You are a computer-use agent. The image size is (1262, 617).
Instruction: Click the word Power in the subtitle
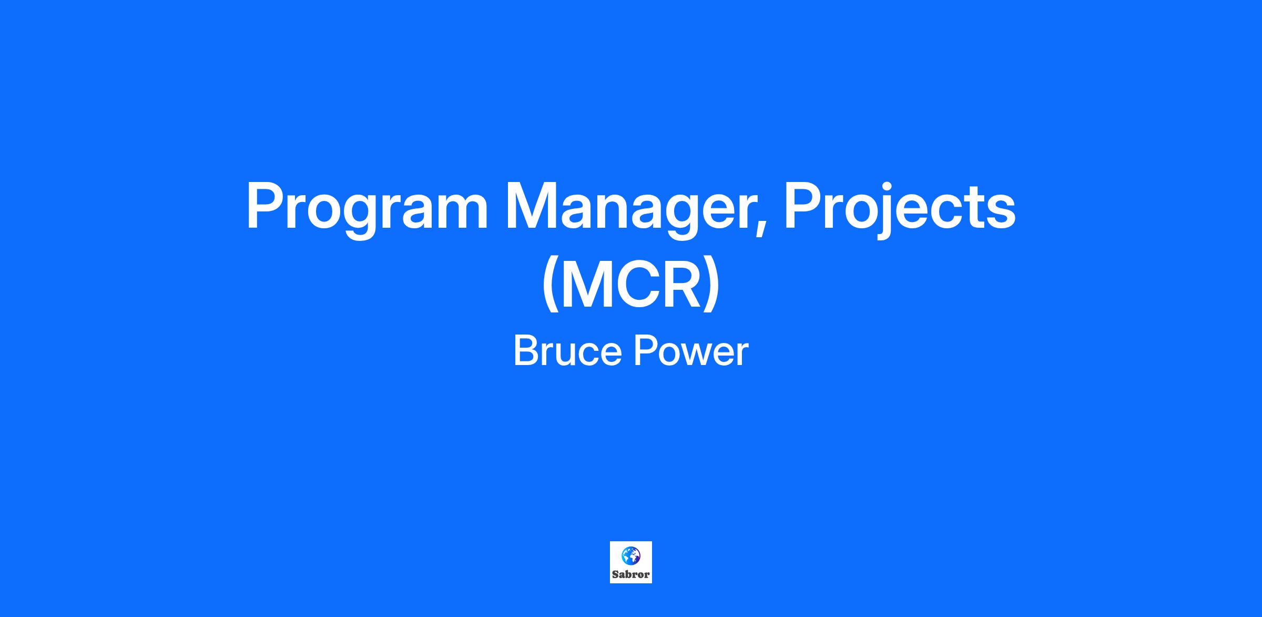(x=691, y=351)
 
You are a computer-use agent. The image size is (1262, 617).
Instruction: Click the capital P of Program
(x=266, y=206)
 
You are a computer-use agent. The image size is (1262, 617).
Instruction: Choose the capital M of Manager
(x=531, y=206)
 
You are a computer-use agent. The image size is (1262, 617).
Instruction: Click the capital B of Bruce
(x=527, y=351)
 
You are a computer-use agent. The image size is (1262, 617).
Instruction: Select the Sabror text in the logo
(x=631, y=574)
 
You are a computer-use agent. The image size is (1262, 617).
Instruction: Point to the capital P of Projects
(x=804, y=206)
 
